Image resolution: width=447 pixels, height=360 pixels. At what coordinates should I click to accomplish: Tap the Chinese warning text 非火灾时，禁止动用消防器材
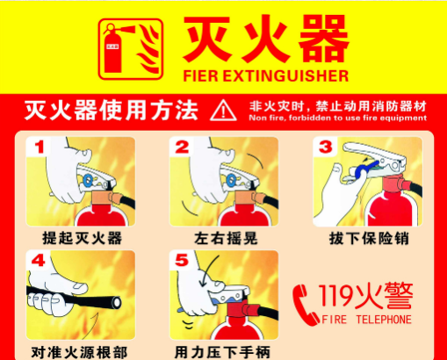pos(337,103)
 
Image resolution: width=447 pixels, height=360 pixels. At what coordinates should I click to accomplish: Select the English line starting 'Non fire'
pos(337,117)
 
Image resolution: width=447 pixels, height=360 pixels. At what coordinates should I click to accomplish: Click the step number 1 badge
pos(37,147)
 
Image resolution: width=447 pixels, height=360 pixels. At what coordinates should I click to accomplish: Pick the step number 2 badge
pos(182,147)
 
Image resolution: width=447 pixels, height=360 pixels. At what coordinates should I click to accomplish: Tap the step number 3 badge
pos(325,146)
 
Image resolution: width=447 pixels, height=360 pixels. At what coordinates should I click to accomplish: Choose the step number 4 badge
pos(37,261)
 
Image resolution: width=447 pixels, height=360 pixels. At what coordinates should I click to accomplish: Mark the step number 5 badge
pos(182,261)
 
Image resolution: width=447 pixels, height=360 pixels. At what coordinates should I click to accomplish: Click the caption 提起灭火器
pos(76,238)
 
